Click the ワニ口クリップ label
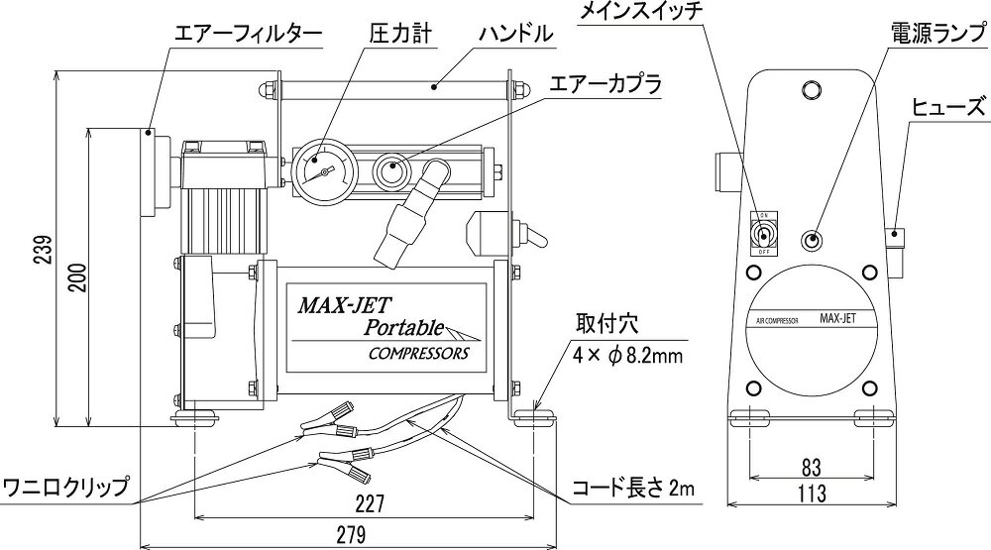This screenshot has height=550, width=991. click(66, 488)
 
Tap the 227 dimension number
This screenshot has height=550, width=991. click(366, 502)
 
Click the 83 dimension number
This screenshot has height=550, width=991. click(812, 465)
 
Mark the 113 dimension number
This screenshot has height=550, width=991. click(812, 492)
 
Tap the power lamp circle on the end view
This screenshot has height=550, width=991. click(814, 240)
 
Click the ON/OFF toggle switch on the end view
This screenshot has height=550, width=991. click(763, 236)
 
